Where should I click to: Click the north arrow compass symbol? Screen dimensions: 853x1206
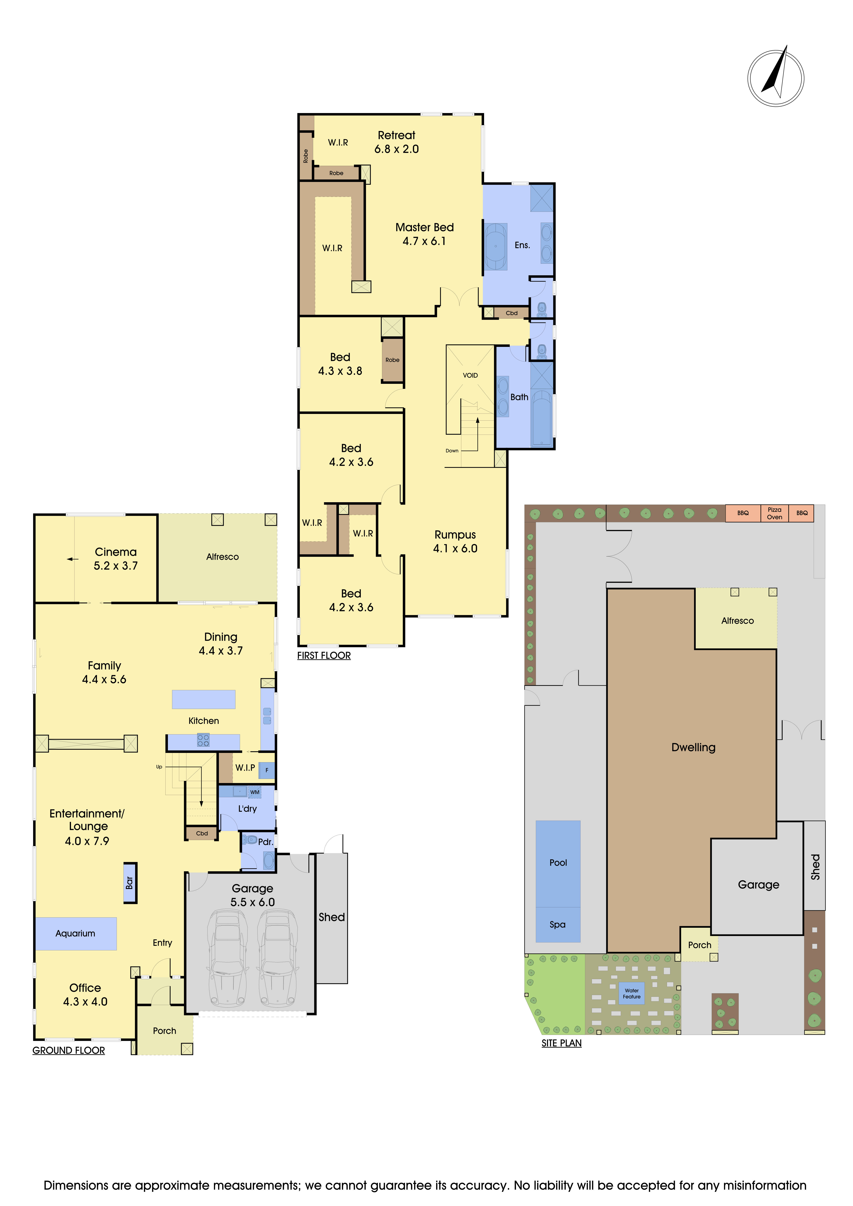pos(776,78)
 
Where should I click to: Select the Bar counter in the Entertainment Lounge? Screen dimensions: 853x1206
pos(130,883)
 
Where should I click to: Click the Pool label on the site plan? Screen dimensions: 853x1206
pos(558,862)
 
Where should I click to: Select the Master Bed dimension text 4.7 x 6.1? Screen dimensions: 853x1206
pos(424,241)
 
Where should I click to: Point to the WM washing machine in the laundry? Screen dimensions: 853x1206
pos(255,792)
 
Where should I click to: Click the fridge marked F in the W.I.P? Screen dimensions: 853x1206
pos(267,770)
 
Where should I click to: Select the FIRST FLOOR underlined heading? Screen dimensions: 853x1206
pos(323,656)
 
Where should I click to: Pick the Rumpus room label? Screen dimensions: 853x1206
pos(455,535)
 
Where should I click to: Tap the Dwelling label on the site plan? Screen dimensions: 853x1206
pos(693,747)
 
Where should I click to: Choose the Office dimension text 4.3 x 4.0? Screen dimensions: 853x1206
pos(85,1002)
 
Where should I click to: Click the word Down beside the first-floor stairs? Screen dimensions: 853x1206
pos(452,451)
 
